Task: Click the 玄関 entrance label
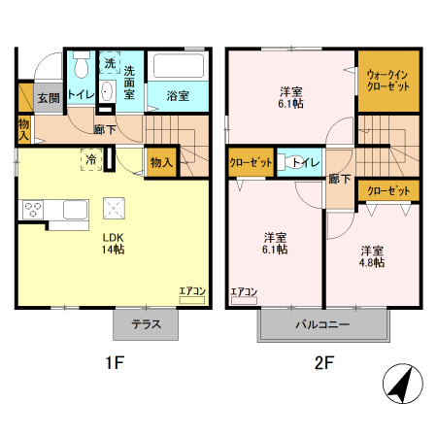point(49,98)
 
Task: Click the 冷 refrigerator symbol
point(90,160)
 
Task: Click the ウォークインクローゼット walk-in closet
point(387,80)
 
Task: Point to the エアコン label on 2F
point(243,291)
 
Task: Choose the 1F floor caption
point(115,365)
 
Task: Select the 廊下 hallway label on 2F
point(339,179)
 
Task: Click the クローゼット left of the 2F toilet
point(251,163)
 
